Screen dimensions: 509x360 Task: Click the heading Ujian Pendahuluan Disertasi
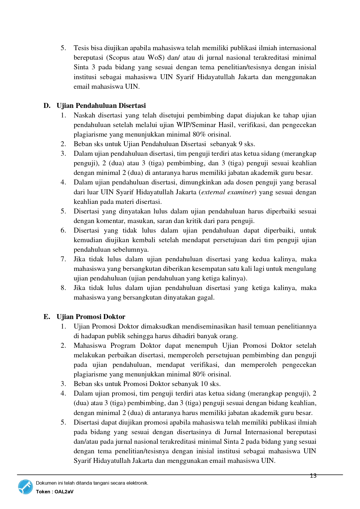pos(101,106)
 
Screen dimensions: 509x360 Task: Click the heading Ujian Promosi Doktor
pos(91,317)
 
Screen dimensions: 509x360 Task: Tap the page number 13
pos(313,476)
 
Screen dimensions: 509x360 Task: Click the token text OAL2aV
pos(64,492)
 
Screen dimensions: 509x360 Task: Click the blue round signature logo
pos(26,487)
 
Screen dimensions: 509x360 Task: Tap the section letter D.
pos(47,106)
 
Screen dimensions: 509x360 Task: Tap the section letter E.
pos(47,317)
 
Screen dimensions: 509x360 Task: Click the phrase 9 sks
pos(247,144)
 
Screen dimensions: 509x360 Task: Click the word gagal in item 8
pos(205,297)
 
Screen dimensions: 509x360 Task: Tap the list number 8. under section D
pos(63,288)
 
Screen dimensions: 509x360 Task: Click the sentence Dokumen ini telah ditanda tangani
pos(92,483)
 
